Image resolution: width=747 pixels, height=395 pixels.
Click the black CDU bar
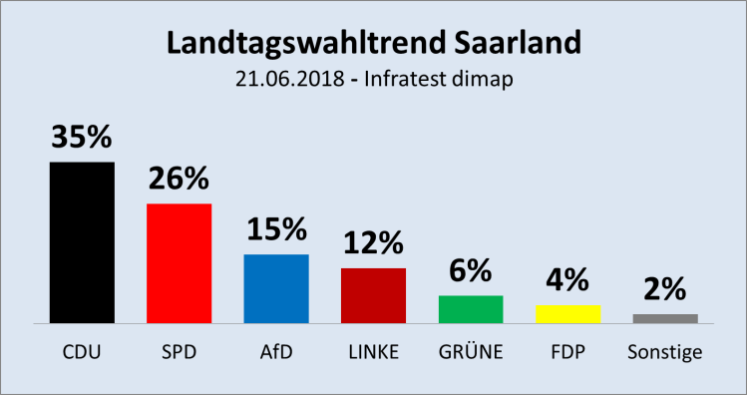(82, 242)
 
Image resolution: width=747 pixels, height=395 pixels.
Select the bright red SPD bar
(179, 263)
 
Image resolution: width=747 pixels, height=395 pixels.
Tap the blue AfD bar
(276, 288)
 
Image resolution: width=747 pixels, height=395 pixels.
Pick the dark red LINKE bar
(373, 295)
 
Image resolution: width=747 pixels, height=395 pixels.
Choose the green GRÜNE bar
(471, 309)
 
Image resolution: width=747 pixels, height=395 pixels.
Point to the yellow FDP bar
(568, 313)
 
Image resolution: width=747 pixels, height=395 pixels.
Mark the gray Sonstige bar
(665, 318)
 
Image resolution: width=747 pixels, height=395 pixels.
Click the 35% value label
(82, 138)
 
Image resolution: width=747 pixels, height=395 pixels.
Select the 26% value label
(179, 179)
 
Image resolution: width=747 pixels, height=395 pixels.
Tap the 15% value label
(276, 229)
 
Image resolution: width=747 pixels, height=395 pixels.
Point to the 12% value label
(373, 242)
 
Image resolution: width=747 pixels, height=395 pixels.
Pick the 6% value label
(471, 270)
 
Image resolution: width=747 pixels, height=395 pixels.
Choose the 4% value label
(568, 279)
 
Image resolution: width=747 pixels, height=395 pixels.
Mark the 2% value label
(665, 289)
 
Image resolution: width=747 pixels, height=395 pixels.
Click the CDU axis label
(82, 352)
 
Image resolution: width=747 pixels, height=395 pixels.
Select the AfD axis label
(276, 352)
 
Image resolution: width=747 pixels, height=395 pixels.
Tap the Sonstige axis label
(665, 352)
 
